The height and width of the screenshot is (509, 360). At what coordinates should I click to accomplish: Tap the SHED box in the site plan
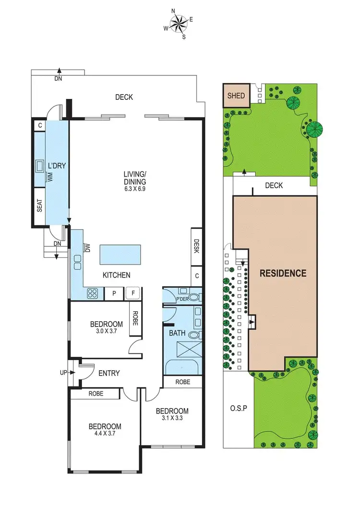point(236,96)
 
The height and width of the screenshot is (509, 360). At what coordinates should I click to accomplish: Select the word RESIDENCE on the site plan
point(283,273)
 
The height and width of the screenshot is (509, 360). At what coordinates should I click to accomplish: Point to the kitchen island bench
point(120,254)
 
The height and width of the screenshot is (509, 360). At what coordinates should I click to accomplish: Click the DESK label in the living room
point(196,246)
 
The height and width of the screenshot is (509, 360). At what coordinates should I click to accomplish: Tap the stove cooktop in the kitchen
point(93,293)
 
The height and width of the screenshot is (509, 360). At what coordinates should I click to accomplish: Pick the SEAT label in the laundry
point(40,206)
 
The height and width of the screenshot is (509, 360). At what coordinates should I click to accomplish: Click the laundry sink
point(39,166)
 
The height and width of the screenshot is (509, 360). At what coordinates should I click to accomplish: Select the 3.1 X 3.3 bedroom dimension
point(172,418)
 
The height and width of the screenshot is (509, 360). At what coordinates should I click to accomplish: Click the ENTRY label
point(109,373)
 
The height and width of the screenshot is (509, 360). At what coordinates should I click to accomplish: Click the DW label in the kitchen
point(87,248)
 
